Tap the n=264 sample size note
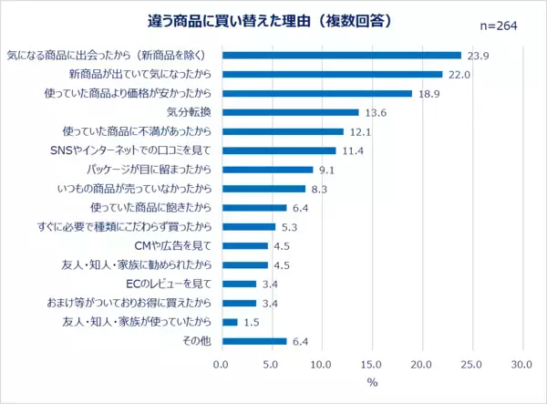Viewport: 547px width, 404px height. click(x=497, y=25)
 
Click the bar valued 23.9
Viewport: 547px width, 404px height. click(x=341, y=55)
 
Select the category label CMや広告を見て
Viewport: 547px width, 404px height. click(x=167, y=246)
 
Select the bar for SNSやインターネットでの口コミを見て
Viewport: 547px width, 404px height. click(x=279, y=150)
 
